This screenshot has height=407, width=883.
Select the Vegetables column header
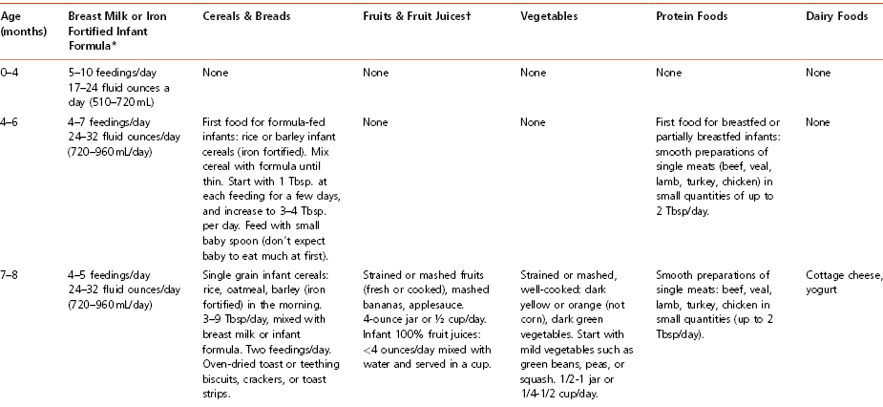tap(548, 19)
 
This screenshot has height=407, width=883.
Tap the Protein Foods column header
tap(689, 19)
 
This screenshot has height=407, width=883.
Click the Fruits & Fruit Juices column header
tap(415, 19)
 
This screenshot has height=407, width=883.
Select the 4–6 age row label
tap(13, 122)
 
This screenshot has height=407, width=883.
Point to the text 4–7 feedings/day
tap(108, 122)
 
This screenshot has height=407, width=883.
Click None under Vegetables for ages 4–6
tap(533, 122)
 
